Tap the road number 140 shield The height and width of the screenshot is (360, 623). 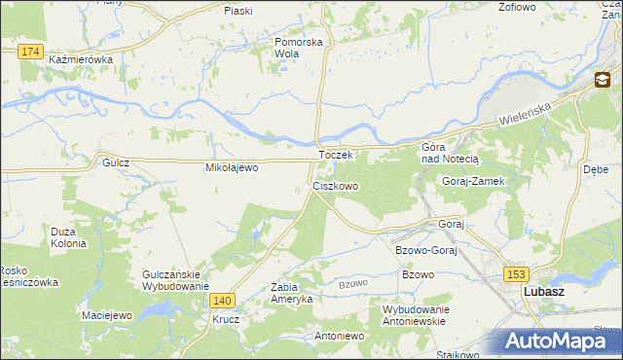[223, 302]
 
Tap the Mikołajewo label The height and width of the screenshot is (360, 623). [231, 167]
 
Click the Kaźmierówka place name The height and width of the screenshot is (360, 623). [81, 59]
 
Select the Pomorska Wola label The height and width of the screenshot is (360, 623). [299, 48]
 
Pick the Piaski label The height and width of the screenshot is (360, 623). [238, 10]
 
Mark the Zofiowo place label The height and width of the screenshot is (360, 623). [517, 7]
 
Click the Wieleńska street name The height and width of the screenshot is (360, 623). [527, 110]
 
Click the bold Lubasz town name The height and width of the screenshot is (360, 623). [545, 291]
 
